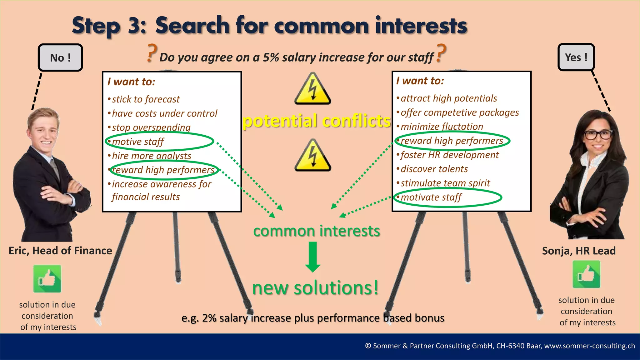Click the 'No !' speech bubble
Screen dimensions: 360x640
60,57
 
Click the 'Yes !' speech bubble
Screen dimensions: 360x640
576,57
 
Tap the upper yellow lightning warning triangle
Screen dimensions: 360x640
312,89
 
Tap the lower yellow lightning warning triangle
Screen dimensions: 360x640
312,156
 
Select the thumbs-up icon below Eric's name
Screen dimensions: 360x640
47,278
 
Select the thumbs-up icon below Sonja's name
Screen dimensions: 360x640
586,274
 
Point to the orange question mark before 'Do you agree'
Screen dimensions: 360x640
152,53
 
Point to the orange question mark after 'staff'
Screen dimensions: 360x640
441,53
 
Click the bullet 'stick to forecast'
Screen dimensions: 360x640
146,99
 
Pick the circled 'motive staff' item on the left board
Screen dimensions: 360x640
138,142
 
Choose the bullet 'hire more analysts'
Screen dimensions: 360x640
152,156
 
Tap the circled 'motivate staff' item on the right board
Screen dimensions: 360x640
431,197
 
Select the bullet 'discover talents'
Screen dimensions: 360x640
434,169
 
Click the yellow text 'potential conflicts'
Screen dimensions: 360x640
317,121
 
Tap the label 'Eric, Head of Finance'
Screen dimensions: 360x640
60,251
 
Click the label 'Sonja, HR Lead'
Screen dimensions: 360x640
579,251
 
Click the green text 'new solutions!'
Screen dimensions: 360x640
315,288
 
